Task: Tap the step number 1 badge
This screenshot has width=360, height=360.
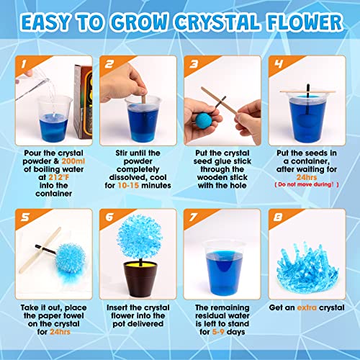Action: pyautogui.click(x=22, y=65)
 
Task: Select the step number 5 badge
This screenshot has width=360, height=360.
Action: pyautogui.click(x=22, y=215)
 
